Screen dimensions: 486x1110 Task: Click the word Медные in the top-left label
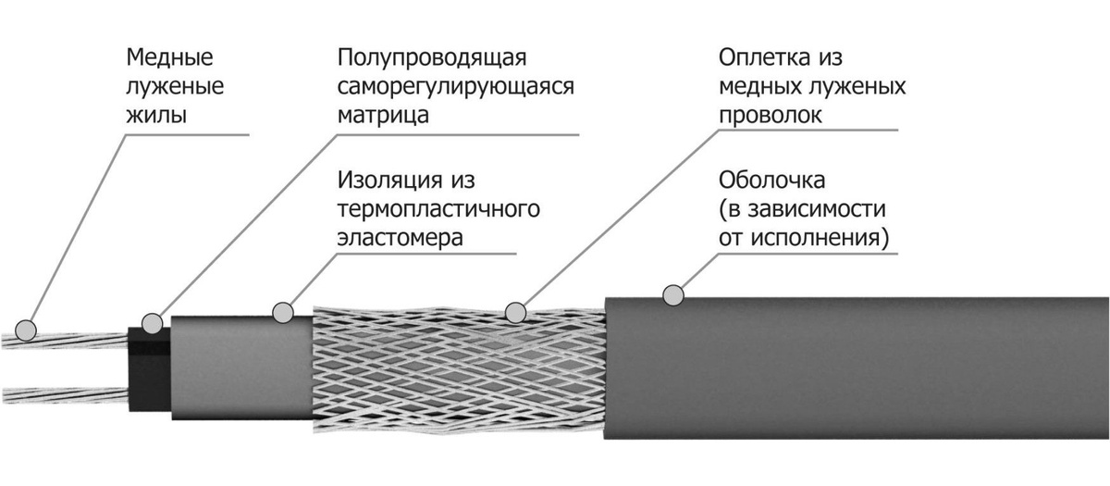coord(169,59)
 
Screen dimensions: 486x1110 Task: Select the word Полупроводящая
coord(432,59)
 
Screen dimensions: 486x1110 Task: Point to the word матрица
coord(383,118)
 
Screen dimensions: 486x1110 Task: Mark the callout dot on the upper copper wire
coord(27,329)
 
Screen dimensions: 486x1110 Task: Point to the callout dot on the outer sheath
coord(675,294)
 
